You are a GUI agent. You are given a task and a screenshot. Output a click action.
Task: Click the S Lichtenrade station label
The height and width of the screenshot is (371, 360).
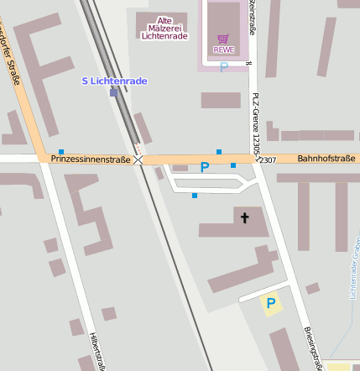(x=114, y=81)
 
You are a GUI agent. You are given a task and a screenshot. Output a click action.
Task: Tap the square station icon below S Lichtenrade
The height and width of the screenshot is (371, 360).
(x=113, y=92)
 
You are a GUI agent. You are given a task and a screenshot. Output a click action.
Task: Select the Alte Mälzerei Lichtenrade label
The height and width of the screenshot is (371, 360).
(x=165, y=29)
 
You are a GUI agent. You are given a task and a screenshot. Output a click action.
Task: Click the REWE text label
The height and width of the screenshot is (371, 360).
(x=223, y=50)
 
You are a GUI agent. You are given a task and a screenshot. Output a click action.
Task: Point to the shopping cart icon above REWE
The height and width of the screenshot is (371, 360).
(x=222, y=39)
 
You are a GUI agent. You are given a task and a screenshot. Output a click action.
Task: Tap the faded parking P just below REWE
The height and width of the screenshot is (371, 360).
(x=223, y=66)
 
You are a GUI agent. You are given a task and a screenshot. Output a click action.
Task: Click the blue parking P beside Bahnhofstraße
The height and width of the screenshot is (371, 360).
(x=204, y=167)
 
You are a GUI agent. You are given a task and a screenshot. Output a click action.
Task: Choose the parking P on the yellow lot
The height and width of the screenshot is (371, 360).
(x=270, y=303)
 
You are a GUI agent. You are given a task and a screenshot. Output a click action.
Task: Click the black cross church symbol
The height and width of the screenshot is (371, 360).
(x=245, y=218)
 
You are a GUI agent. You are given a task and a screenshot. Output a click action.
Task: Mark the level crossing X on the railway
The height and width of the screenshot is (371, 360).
(x=138, y=159)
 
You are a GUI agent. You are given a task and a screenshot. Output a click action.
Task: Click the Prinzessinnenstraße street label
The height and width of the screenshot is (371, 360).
(x=91, y=159)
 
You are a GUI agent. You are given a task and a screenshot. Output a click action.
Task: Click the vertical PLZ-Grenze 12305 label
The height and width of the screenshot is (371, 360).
(x=257, y=127)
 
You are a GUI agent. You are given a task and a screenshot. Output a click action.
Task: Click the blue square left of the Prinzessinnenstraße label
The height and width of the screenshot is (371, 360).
(x=61, y=152)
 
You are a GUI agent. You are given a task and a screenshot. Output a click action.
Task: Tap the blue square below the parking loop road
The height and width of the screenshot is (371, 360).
(x=195, y=196)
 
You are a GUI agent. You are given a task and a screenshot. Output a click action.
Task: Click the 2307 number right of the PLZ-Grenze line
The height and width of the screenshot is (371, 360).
(x=267, y=159)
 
